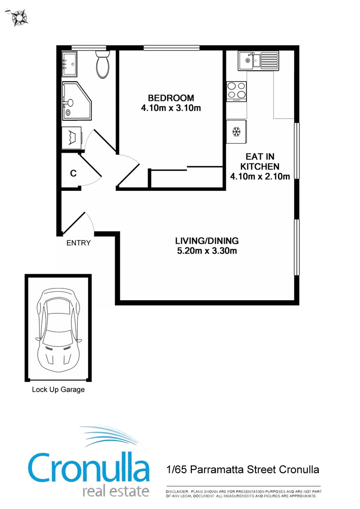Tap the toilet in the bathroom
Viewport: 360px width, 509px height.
coord(102,66)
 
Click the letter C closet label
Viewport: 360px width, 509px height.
coord(73,173)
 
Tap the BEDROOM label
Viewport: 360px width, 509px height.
coord(171,98)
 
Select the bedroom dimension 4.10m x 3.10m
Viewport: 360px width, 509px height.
coord(171,108)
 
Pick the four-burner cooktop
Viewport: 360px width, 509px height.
coord(237,91)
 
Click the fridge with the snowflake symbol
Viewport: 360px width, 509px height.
coord(237,131)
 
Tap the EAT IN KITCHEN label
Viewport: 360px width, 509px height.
coord(260,162)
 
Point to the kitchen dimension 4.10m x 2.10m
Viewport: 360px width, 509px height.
coord(260,177)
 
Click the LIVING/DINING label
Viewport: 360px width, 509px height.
coord(207,240)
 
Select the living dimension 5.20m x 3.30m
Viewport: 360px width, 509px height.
coord(207,251)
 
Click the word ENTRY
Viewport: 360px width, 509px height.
coord(78,243)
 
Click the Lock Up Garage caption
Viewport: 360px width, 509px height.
coord(58,390)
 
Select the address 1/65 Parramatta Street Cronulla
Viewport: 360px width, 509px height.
coord(243,470)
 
